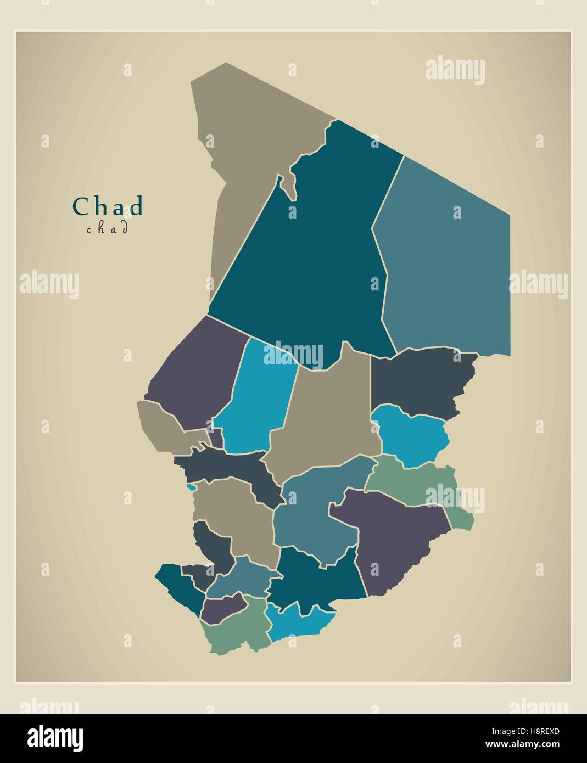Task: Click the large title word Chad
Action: coord(108,206)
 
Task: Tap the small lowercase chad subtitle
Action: coord(108,228)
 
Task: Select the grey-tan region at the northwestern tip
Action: coord(242,165)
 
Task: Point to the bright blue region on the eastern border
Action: coord(412,436)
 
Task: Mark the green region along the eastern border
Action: coord(417,483)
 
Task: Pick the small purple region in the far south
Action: coord(222,607)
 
